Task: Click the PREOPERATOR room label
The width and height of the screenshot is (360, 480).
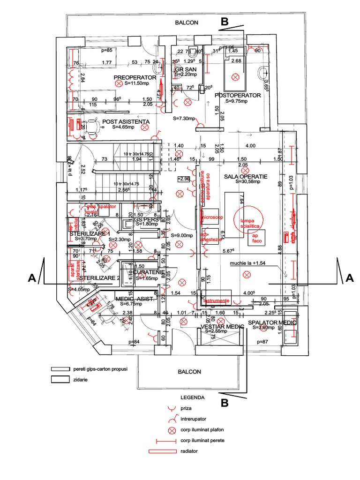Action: [x=135, y=77]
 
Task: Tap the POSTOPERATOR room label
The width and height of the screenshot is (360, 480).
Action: [x=237, y=95]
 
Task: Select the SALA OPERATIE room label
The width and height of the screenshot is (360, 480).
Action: [x=246, y=177]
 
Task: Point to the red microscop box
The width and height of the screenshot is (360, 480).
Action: [x=212, y=217]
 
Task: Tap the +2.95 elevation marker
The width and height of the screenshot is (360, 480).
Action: [x=183, y=179]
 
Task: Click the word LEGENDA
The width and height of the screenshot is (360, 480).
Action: [x=195, y=397]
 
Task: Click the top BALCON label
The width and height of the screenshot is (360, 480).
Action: [x=187, y=22]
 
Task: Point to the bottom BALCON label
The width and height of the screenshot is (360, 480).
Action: [x=189, y=371]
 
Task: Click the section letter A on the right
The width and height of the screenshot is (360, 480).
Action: [x=349, y=277]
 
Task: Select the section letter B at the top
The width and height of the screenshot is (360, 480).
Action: [x=225, y=22]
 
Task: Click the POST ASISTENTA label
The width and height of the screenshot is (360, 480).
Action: [x=126, y=121]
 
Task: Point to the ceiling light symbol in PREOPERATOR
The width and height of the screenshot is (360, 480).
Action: [x=119, y=83]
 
